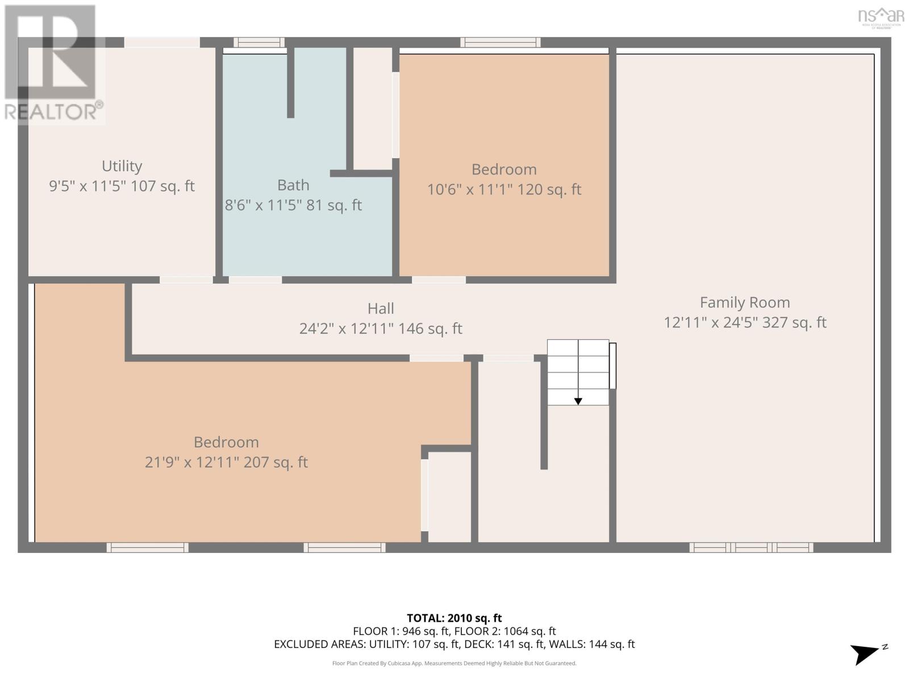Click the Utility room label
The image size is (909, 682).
122,166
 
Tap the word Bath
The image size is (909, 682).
293,185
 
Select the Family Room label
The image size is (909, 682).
745,302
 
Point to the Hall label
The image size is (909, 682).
381,309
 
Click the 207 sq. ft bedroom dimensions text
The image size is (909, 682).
226,462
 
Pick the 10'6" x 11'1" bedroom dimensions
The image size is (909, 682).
504,190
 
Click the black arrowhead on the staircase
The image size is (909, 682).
578,401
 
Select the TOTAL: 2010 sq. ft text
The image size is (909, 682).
454,618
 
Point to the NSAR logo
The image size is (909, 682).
881,18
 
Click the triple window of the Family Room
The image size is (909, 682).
751,547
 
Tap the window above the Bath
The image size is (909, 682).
259,42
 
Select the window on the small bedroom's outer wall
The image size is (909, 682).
501,42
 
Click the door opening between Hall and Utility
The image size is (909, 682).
186,280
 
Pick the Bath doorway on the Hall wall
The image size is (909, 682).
256,280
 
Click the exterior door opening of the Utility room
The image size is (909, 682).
162,42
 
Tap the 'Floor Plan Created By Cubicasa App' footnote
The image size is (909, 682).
454,663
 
